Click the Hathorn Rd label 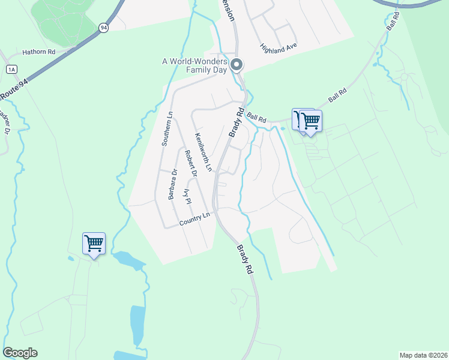[38, 52]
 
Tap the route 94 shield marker [104, 28]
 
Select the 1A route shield [11, 69]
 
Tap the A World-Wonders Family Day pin [237, 64]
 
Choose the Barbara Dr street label [173, 184]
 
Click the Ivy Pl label [187, 196]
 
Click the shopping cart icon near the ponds [94, 243]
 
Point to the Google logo [20, 353]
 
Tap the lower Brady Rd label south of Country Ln [244, 259]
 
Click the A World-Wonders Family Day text [196, 65]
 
